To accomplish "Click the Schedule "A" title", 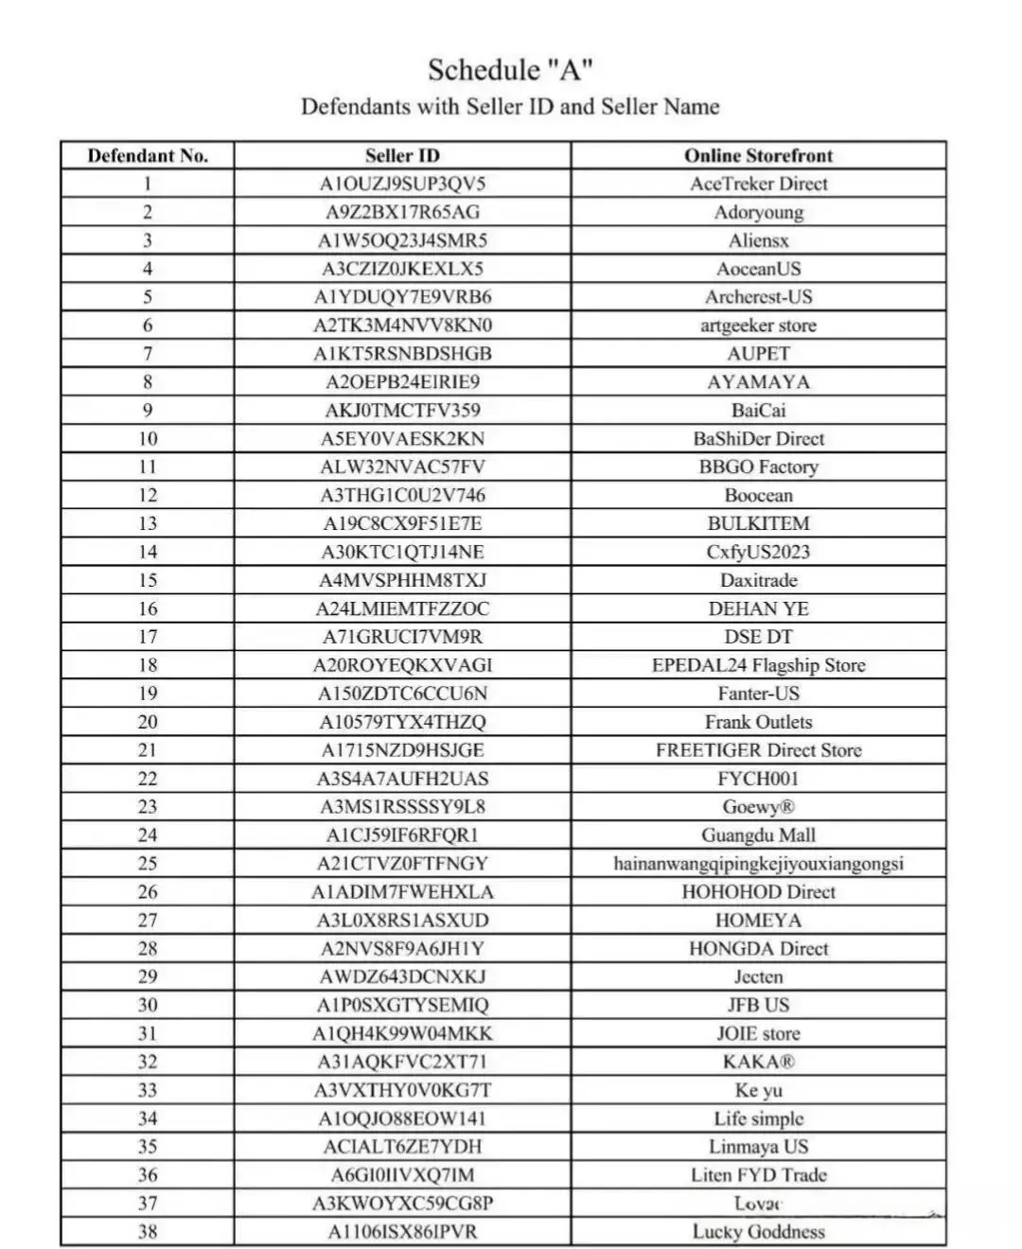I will [510, 70].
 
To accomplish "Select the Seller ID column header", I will [402, 156].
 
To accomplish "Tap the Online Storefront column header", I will [758, 156].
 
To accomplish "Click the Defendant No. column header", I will [148, 156].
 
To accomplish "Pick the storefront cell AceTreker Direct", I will [758, 184].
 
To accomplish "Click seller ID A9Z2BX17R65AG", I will [402, 212].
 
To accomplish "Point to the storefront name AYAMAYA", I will [758, 382].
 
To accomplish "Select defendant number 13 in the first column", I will [148, 523].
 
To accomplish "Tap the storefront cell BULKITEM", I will [758, 523].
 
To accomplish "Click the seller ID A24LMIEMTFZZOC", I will [402, 608].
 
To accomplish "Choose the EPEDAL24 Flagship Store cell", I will [758, 665].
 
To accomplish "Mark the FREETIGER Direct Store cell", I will [758, 750].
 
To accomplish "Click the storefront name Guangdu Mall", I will [758, 836].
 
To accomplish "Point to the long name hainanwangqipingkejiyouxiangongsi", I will [758, 864].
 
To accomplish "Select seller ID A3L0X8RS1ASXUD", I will [402, 920].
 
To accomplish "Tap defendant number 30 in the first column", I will [148, 1005].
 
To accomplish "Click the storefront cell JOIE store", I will [758, 1033].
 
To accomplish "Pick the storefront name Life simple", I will [758, 1118].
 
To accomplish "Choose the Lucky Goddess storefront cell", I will [758, 1232].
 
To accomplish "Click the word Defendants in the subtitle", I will [356, 107].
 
